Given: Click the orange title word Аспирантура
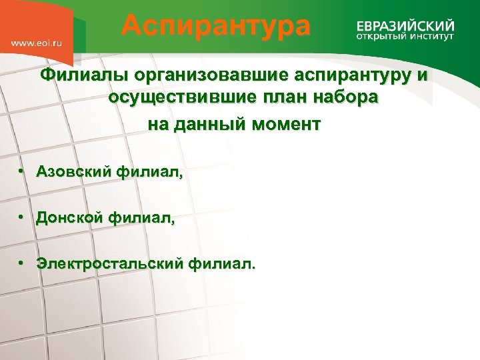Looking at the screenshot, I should click(215, 27).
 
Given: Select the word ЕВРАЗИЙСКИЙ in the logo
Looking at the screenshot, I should click(405, 25).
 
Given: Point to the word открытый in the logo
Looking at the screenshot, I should click(378, 37).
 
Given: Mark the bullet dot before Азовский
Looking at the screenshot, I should click(22, 172).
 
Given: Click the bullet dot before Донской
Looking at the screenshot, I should click(22, 217).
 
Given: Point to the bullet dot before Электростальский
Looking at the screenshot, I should click(22, 263).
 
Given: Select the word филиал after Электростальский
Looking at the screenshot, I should click(221, 263).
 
